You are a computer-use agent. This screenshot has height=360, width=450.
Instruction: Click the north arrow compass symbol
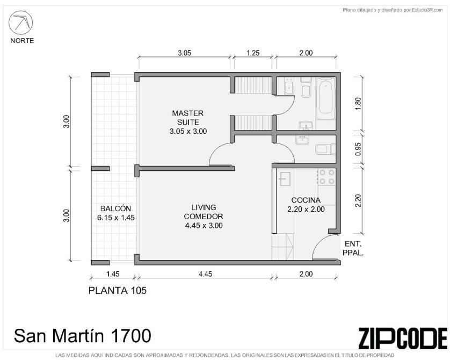click(x=20, y=23)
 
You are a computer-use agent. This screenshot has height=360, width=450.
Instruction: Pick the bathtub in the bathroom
click(x=326, y=99)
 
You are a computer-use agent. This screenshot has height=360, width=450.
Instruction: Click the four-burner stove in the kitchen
click(x=327, y=177)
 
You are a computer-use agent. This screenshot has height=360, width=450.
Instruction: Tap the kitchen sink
click(x=284, y=179)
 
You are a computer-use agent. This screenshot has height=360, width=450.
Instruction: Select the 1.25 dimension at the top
click(x=253, y=53)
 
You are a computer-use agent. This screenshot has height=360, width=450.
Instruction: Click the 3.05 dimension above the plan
click(x=184, y=53)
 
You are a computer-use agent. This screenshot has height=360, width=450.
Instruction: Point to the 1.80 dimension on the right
click(x=358, y=104)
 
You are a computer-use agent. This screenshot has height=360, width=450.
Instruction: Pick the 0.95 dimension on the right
click(x=358, y=149)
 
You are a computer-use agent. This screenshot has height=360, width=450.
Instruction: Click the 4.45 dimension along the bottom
click(x=206, y=274)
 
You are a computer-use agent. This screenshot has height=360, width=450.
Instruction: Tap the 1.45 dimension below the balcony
click(x=113, y=274)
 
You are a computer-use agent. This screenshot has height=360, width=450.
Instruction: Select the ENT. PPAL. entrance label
click(x=353, y=249)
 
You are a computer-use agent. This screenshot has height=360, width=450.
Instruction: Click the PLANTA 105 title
click(x=118, y=291)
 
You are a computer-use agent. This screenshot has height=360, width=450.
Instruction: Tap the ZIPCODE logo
click(x=403, y=337)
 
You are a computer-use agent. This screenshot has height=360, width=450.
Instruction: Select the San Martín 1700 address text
click(x=82, y=336)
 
